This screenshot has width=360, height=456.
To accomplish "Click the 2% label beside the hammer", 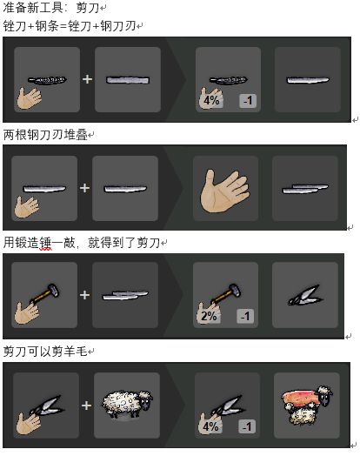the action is (x=209, y=316).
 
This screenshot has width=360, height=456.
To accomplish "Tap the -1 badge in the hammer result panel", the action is (x=245, y=316).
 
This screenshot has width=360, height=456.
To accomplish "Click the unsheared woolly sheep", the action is (x=127, y=405).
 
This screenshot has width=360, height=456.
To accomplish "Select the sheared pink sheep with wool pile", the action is (x=307, y=405).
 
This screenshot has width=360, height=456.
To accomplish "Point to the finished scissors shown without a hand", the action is (x=304, y=295).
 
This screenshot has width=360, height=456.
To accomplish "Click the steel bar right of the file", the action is (x=128, y=80).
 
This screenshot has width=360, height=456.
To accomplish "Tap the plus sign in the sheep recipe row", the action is (x=86, y=406).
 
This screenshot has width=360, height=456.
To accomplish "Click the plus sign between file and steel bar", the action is (x=87, y=79).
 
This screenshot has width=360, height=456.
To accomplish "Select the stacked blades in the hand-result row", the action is (x=305, y=189).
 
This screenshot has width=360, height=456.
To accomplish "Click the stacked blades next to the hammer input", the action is (x=125, y=296).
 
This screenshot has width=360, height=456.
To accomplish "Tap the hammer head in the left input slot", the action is (x=53, y=289).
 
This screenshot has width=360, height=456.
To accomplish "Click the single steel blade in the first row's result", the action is (x=308, y=80).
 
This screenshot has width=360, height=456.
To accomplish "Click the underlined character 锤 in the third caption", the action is (x=45, y=243).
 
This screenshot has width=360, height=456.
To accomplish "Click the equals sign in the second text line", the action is (x=63, y=26).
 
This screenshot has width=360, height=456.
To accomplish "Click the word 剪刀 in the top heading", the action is (x=88, y=8).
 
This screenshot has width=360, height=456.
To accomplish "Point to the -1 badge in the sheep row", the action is (x=247, y=426).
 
